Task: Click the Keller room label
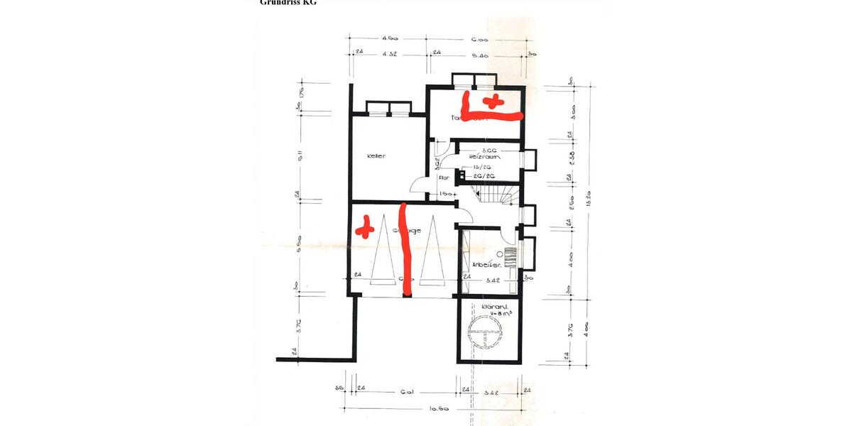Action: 376,156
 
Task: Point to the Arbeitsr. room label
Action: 488,265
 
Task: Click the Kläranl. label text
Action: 492,307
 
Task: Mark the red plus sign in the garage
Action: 365,228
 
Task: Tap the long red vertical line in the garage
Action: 405,248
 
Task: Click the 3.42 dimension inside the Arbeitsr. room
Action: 490,280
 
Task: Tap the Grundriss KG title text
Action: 288,3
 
